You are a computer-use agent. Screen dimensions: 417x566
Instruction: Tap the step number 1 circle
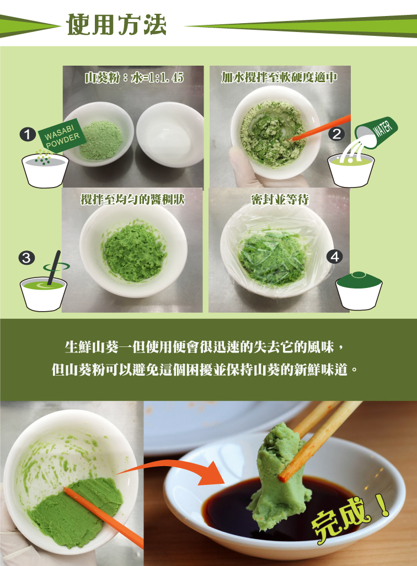coord(28,135)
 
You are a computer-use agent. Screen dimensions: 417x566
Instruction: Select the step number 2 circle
coord(336,134)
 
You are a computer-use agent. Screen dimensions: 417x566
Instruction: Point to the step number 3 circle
coord(26,258)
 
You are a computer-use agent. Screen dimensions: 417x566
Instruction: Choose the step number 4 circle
coord(334,257)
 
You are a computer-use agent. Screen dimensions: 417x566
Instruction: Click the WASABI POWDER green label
coord(62,134)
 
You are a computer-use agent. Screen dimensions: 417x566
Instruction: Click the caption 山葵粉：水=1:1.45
coord(134,77)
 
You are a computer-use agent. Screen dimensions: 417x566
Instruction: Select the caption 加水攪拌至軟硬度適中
coord(279,77)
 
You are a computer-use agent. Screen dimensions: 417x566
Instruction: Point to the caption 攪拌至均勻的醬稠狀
coord(132,199)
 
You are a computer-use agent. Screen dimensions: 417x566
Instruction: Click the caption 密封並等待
coord(280,199)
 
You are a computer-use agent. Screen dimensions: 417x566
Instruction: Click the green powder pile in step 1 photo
coord(101,141)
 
